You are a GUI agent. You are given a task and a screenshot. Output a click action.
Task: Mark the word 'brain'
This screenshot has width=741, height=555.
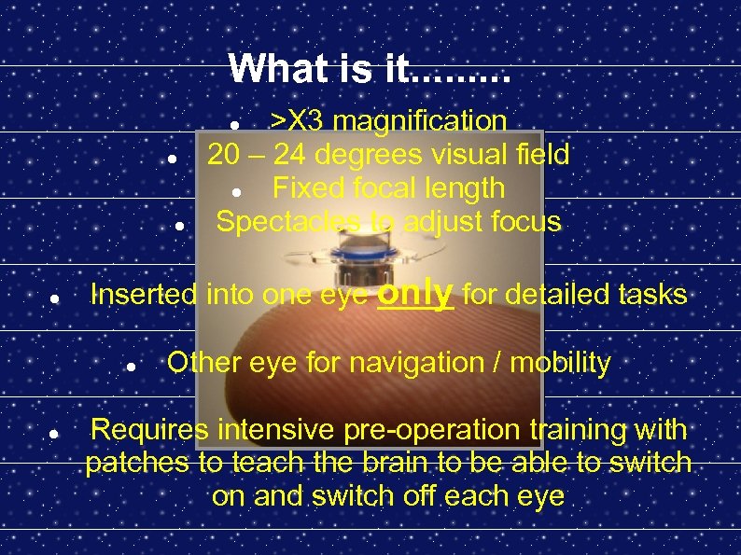point(367,463)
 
